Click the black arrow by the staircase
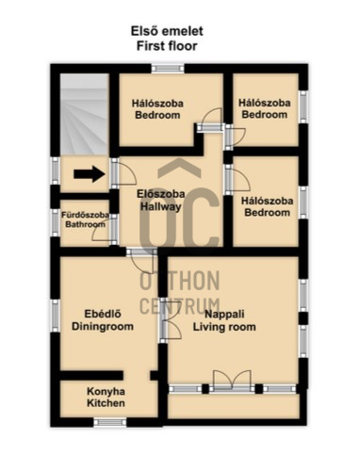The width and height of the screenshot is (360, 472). click(90, 173)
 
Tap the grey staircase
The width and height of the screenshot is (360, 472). click(85, 114)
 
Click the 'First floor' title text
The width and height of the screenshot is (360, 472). click(167, 46)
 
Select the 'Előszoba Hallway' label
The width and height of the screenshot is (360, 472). click(160, 201)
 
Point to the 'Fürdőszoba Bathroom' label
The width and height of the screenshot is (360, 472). click(85, 220)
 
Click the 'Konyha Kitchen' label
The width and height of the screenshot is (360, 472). click(106, 398)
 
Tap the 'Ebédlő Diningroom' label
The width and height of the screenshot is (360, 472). click(103, 320)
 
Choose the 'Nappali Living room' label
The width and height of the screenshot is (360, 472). click(224, 320)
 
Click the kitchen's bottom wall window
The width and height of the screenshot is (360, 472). click(110, 422)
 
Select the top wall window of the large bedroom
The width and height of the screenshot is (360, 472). click(168, 69)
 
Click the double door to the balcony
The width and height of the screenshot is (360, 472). click(232, 382)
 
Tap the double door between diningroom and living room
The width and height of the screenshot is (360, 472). click(170, 320)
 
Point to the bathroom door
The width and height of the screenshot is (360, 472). click(106, 230)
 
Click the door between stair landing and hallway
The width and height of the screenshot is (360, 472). click(123, 173)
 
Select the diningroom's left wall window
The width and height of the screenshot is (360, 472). click(56, 316)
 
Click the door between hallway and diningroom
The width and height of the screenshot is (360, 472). click(141, 260)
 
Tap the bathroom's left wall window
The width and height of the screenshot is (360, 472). click(56, 222)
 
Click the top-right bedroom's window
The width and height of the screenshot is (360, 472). click(303, 107)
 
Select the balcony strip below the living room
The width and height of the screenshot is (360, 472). click(234, 406)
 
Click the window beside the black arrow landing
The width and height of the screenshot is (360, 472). click(56, 171)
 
